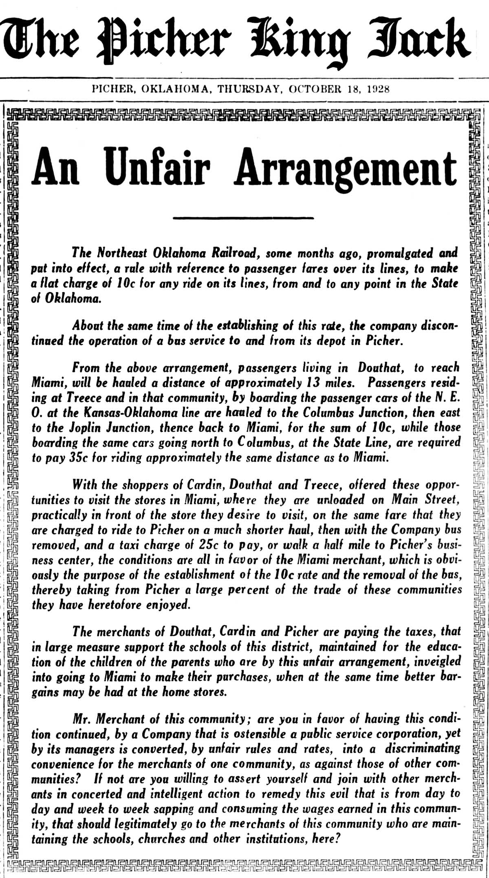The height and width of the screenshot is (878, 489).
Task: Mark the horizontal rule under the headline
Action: click(x=243, y=217)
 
